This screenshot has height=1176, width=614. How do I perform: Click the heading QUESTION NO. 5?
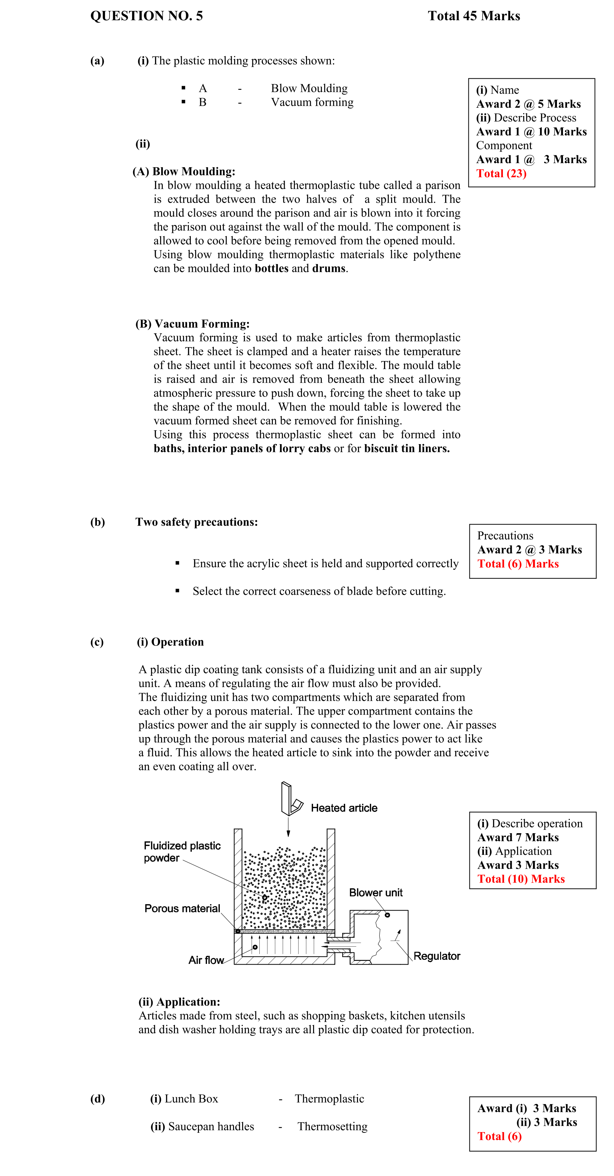coord(146,16)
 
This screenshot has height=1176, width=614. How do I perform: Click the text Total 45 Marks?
coord(474,16)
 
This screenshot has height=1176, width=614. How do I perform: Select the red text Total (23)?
coord(501,174)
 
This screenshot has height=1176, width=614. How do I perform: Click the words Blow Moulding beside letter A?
coord(309,88)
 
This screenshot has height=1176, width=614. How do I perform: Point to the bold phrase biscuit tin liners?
coord(406,448)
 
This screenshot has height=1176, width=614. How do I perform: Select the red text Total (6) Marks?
coord(518,564)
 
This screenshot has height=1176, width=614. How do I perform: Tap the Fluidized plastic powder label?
coord(182,852)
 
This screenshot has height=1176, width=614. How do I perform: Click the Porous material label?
coord(182,909)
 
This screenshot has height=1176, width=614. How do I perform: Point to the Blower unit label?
coord(375,893)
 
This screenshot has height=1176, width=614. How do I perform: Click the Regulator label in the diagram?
coord(436,956)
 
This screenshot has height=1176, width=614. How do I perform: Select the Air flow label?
coord(206,960)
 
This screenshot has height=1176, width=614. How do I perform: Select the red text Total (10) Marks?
coord(520,879)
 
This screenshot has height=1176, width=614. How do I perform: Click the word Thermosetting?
coord(332,1126)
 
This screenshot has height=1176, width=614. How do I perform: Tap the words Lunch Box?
coord(191,1098)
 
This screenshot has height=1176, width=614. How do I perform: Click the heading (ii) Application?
coord(179,1002)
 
